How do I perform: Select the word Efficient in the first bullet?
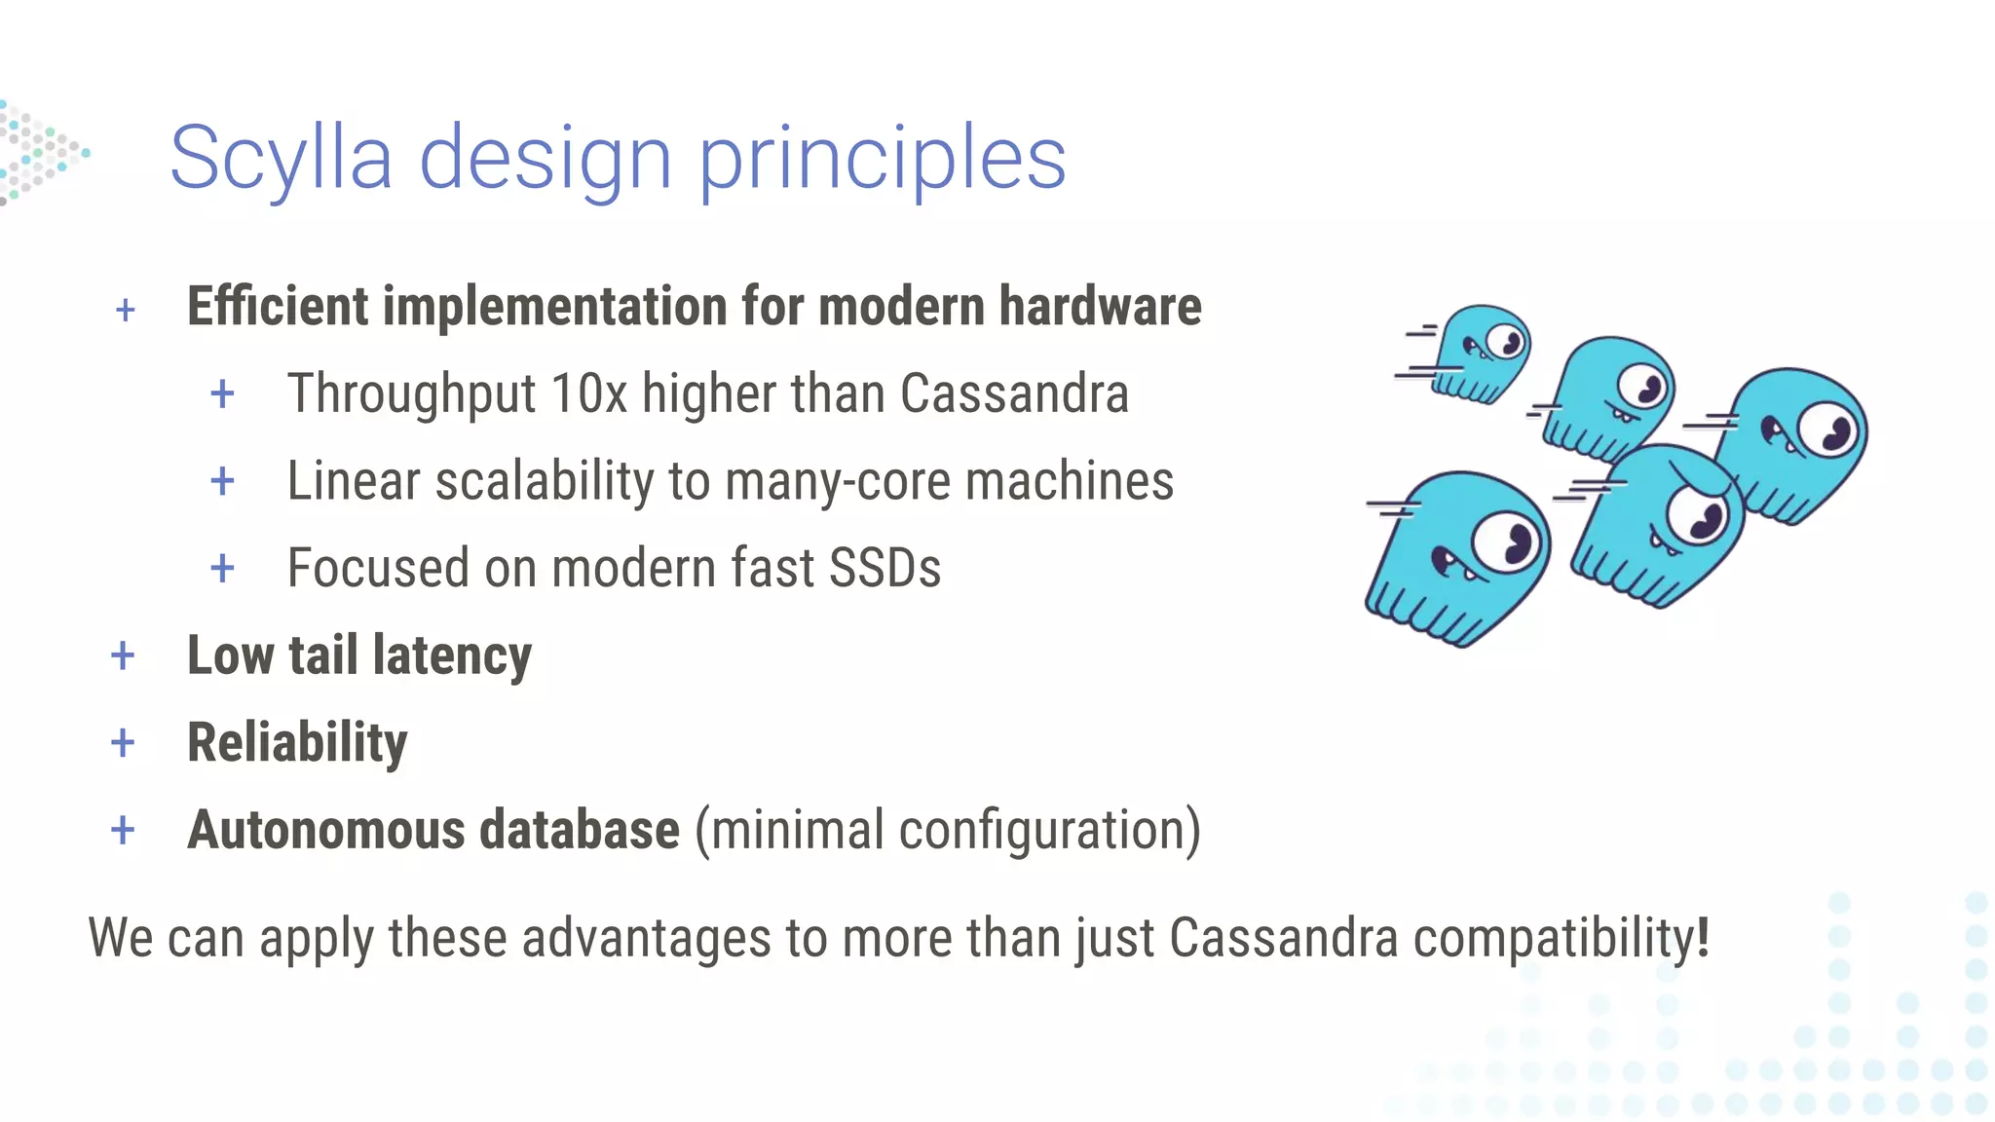[278, 307]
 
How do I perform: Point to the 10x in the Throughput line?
[588, 394]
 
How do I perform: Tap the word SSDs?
[885, 568]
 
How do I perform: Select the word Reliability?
[297, 743]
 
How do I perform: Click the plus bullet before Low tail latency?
[123, 656]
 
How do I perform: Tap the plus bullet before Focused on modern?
[222, 568]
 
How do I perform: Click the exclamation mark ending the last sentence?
[1703, 937]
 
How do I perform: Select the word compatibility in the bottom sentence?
[1553, 939]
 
